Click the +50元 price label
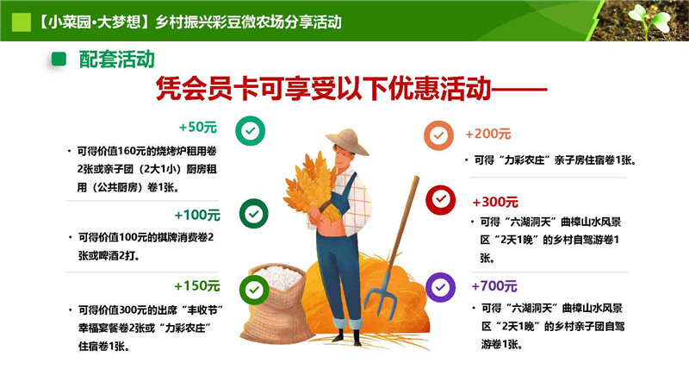point(198,127)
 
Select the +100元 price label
point(197,215)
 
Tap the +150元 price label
point(197,286)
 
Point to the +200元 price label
point(487,134)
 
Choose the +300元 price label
point(495,202)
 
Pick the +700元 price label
point(494,286)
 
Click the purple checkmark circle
point(440,287)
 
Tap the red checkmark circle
point(440,200)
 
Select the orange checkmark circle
point(438,135)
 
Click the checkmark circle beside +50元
point(251,131)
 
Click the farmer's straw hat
point(348,141)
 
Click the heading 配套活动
point(117,59)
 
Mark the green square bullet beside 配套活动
point(59,59)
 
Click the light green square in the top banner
point(21,22)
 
